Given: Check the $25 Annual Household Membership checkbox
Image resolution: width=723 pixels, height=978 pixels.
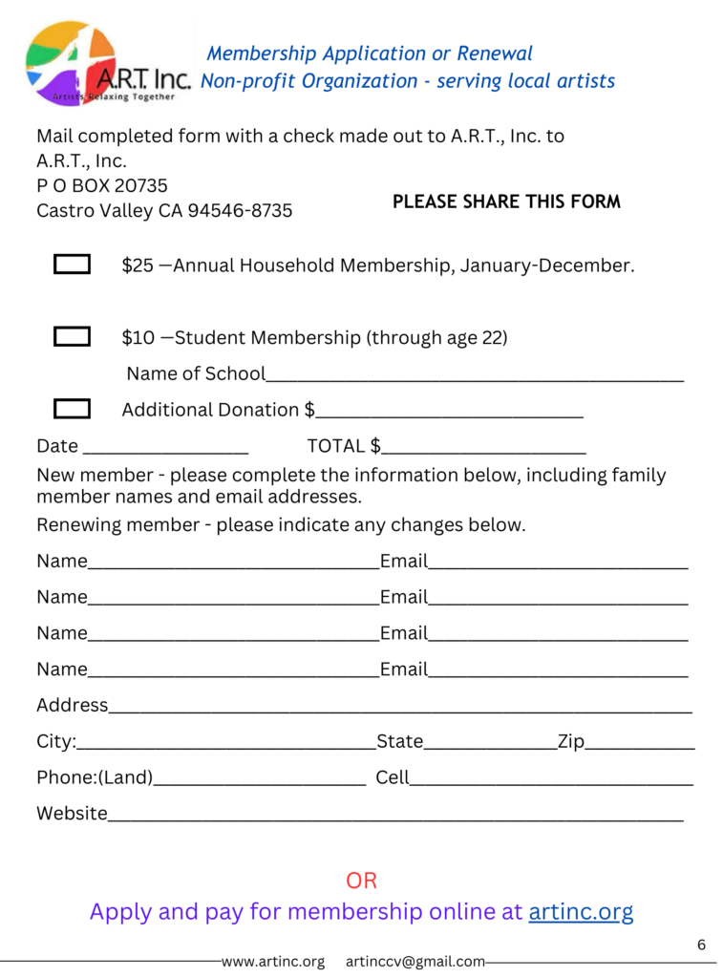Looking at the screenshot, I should [73, 265].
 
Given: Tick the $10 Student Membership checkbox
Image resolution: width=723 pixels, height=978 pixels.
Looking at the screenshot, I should [73, 336].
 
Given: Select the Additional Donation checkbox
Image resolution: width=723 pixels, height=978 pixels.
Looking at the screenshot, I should [73, 409].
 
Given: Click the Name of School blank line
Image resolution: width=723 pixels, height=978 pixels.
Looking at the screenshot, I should [475, 376].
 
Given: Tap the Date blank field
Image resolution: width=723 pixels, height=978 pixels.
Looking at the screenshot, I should [166, 448].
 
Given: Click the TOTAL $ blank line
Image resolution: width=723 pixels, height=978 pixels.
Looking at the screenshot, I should [483, 448].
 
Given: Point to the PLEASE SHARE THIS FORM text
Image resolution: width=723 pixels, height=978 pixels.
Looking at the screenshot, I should [506, 202].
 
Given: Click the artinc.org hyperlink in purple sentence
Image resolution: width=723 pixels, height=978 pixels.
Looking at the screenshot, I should [581, 911].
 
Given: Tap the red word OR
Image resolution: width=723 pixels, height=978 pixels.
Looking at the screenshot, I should [362, 880].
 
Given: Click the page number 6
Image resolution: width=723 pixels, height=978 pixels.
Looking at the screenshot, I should [701, 946].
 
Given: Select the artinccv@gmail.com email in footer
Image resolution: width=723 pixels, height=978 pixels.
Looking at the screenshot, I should [415, 962].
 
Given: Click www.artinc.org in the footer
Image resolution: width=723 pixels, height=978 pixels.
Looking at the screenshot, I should [273, 962].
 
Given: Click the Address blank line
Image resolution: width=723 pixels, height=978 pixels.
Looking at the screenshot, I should [400, 708].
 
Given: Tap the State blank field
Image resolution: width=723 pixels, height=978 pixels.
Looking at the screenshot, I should [490, 744].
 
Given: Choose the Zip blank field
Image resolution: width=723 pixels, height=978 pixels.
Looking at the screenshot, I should [640, 744].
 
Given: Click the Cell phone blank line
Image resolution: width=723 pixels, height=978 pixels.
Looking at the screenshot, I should [551, 780].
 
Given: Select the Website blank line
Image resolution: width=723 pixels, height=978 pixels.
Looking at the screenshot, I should [395, 816].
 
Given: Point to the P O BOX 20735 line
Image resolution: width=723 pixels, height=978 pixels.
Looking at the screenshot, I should [102, 185].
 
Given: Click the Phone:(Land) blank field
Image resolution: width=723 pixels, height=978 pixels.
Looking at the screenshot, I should [260, 780].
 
